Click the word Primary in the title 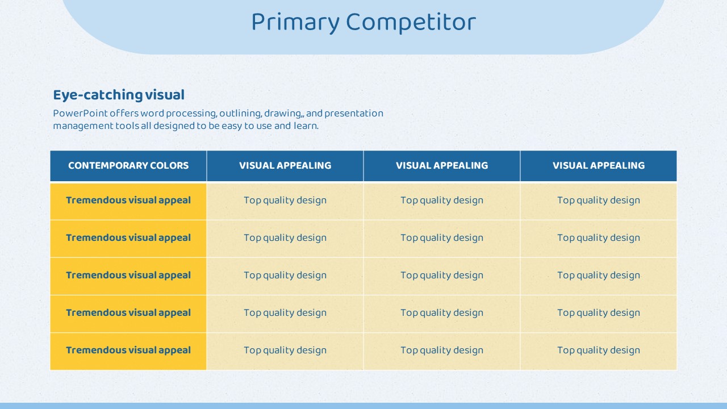pyautogui.click(x=295, y=23)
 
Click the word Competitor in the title pyautogui.click(x=411, y=22)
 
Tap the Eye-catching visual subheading pyautogui.click(x=119, y=95)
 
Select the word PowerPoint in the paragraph pyautogui.click(x=80, y=113)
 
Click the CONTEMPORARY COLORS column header pyautogui.click(x=128, y=165)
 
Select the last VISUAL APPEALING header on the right pyautogui.click(x=599, y=165)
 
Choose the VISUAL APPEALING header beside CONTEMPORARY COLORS pyautogui.click(x=285, y=165)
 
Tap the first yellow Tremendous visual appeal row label pyautogui.click(x=128, y=201)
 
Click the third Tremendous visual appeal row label pyautogui.click(x=128, y=276)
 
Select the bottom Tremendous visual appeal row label pyautogui.click(x=128, y=350)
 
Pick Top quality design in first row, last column pyautogui.click(x=599, y=201)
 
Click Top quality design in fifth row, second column pyautogui.click(x=285, y=350)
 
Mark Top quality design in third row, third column pyautogui.click(x=442, y=276)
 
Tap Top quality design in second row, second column pyautogui.click(x=285, y=238)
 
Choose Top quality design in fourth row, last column pyautogui.click(x=599, y=313)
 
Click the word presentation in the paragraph pyautogui.click(x=354, y=114)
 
